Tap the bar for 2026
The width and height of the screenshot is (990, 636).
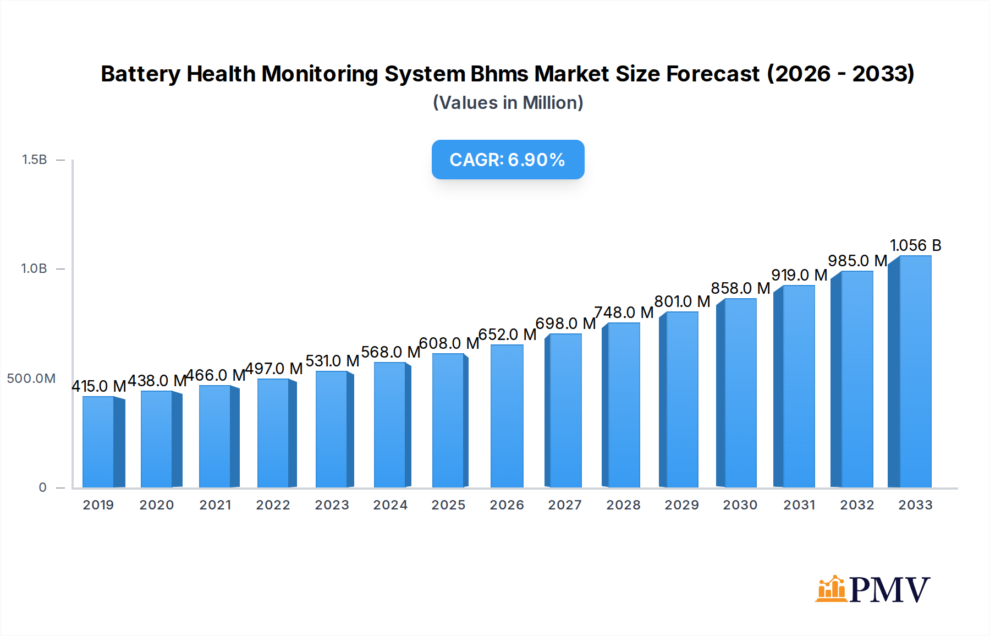(507, 416)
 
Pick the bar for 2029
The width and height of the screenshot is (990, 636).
(681, 399)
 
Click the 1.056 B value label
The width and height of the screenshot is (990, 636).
(915, 245)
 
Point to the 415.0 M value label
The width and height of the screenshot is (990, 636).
(99, 386)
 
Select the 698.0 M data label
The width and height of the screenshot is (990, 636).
(565, 324)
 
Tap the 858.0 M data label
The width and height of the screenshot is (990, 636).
(740, 288)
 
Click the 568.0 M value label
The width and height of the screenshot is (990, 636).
(391, 352)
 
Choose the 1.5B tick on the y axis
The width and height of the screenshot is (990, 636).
(34, 160)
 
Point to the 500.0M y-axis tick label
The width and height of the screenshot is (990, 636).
(31, 379)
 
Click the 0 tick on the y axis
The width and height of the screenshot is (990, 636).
(42, 487)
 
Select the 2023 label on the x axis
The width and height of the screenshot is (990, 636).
(332, 505)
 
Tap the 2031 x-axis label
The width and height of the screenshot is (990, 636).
(799, 505)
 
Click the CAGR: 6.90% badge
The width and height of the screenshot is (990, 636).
(508, 160)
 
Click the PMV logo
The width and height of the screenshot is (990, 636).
(872, 589)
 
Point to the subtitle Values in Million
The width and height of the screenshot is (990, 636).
(508, 103)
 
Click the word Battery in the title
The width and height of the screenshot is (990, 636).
(140, 74)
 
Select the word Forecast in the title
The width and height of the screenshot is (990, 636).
(713, 74)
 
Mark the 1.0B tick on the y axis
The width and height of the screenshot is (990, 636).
(34, 268)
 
